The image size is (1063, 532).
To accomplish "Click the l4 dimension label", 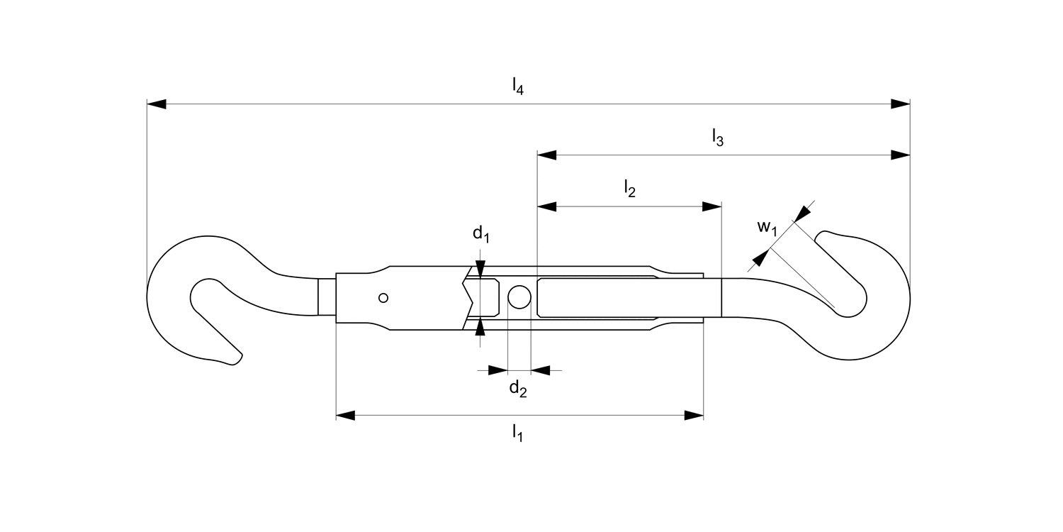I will click(518, 87).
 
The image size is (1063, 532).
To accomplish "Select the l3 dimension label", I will click(717, 138).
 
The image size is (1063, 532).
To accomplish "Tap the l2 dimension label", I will click(629, 189).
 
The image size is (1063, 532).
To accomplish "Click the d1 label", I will click(481, 233).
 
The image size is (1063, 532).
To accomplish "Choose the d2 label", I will click(518, 388).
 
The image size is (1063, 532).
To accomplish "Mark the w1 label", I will click(767, 228).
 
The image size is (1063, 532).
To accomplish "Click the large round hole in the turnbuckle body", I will click(519, 297).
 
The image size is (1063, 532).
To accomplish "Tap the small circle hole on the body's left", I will click(383, 298).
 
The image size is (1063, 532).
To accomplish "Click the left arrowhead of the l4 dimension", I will click(156, 104).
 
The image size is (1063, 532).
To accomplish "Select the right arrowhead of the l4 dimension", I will click(901, 104).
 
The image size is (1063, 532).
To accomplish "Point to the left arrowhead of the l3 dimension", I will click(546, 155).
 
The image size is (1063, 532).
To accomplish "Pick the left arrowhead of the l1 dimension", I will click(345, 415).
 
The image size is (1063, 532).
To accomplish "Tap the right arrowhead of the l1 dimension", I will click(694, 415).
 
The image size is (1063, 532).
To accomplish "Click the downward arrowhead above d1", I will click(480, 269).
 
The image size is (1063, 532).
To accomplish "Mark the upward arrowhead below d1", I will click(480, 327).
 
